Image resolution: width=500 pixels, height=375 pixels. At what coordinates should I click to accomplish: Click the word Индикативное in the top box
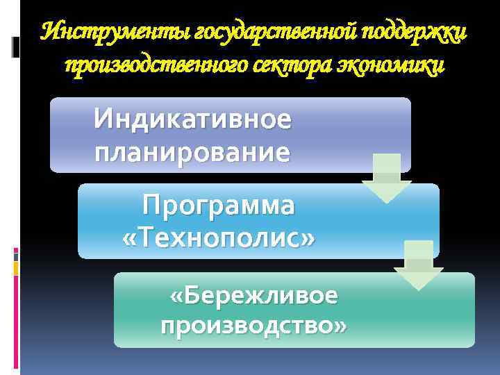[193, 119]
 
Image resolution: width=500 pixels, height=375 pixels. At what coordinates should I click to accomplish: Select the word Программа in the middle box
[218, 206]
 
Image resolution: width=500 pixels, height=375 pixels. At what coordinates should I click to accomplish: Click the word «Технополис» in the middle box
[218, 237]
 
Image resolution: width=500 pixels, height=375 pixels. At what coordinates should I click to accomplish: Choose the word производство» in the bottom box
[253, 325]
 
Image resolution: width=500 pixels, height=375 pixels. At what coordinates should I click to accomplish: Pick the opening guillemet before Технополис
[128, 238]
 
